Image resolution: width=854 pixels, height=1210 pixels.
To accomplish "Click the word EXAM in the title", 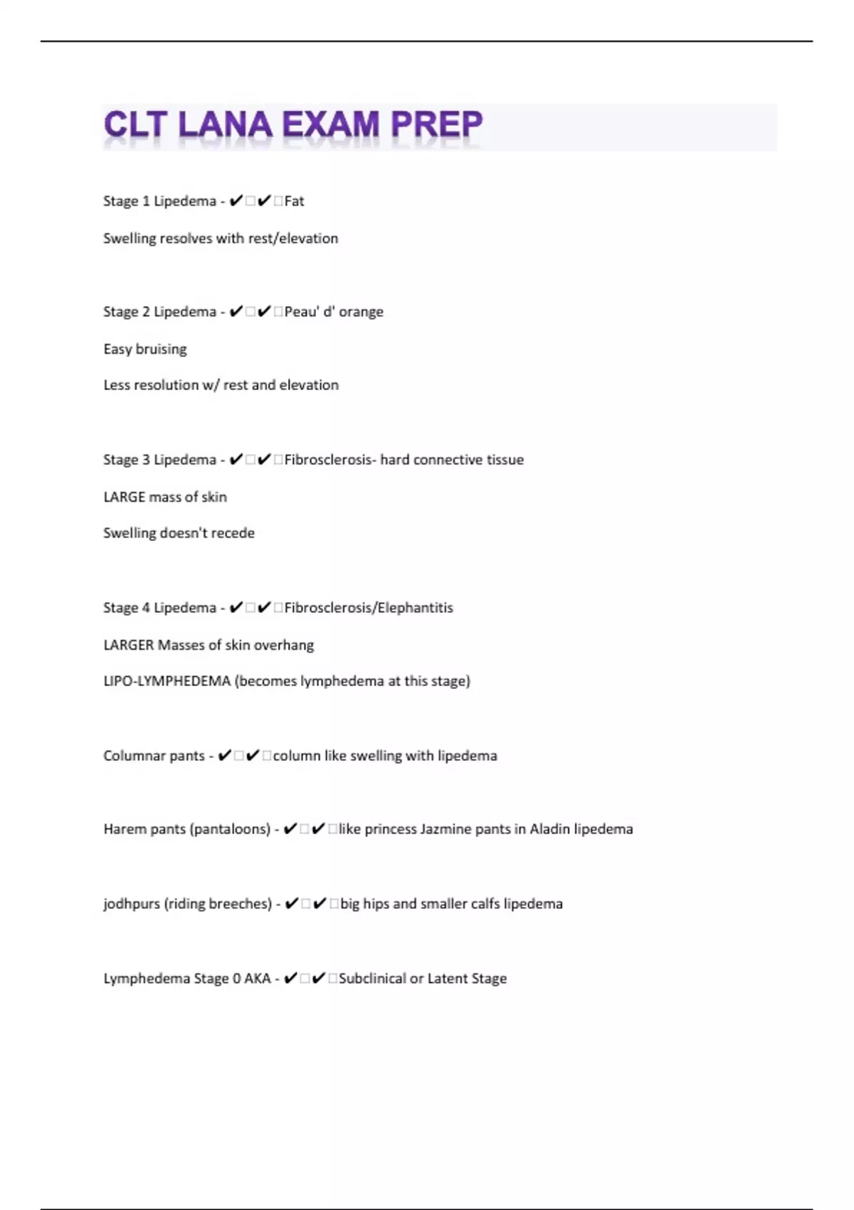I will click(x=331, y=125).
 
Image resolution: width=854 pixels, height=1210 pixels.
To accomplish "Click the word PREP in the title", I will click(x=436, y=125).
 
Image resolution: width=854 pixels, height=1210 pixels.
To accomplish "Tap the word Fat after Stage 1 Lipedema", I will click(x=294, y=201).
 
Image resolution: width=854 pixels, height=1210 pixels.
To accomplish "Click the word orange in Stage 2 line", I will click(x=361, y=312).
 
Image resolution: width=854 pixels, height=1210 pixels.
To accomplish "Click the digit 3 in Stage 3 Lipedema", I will click(x=146, y=460).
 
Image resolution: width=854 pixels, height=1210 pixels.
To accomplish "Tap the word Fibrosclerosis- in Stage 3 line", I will click(x=330, y=460).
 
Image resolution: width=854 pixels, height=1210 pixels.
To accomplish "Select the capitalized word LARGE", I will click(x=125, y=497).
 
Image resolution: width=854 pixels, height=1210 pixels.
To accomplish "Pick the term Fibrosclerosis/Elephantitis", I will click(x=369, y=608).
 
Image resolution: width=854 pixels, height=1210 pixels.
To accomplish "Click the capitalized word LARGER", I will click(x=129, y=645).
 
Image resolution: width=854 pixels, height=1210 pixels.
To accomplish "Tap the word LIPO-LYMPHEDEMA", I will click(x=167, y=681).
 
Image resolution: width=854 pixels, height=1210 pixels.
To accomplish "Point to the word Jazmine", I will click(x=446, y=829).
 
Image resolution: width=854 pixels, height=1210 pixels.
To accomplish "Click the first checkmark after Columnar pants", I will click(x=224, y=756).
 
